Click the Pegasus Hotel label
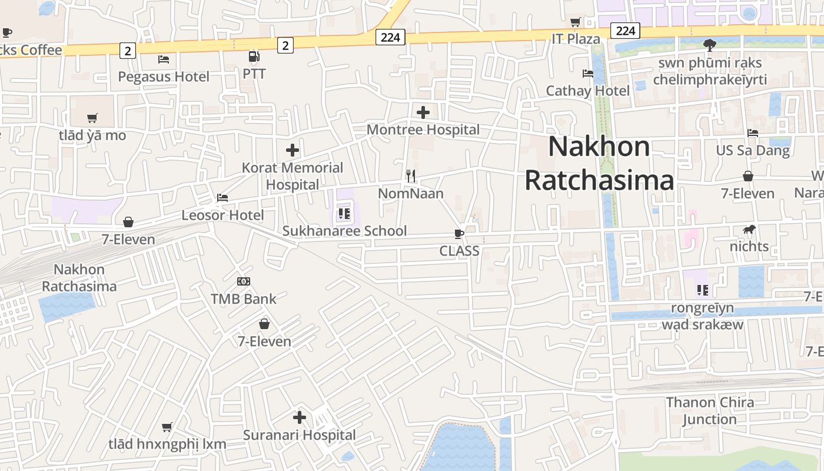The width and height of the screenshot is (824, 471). click(164, 77)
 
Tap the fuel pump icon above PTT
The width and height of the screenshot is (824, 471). click(254, 57)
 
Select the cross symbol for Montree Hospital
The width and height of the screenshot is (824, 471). click(423, 112)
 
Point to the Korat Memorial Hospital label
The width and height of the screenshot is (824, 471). click(293, 176)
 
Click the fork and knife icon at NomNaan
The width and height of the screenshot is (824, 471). click(411, 175)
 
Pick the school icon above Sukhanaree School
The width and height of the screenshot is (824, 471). click(344, 214)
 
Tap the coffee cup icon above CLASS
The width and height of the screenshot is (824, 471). click(459, 234)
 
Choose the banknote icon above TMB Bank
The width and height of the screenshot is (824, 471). click(244, 281)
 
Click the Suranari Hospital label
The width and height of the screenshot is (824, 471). click(300, 435)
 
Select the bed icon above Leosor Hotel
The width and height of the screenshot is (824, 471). click(222, 198)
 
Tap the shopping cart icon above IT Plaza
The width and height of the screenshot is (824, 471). click(576, 22)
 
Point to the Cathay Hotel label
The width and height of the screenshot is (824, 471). click(587, 91)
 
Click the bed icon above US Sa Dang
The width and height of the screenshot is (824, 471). click(753, 133)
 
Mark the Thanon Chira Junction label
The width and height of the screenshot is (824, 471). click(710, 411)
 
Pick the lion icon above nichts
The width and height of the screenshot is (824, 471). click(749, 229)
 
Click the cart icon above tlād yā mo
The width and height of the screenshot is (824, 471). click(92, 118)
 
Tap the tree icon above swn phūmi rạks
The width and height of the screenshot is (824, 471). click(710, 45)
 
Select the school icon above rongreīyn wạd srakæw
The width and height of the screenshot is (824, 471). click(702, 290)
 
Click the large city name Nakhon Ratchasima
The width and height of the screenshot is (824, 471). click(599, 163)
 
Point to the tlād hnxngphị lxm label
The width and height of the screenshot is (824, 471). click(167, 443)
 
